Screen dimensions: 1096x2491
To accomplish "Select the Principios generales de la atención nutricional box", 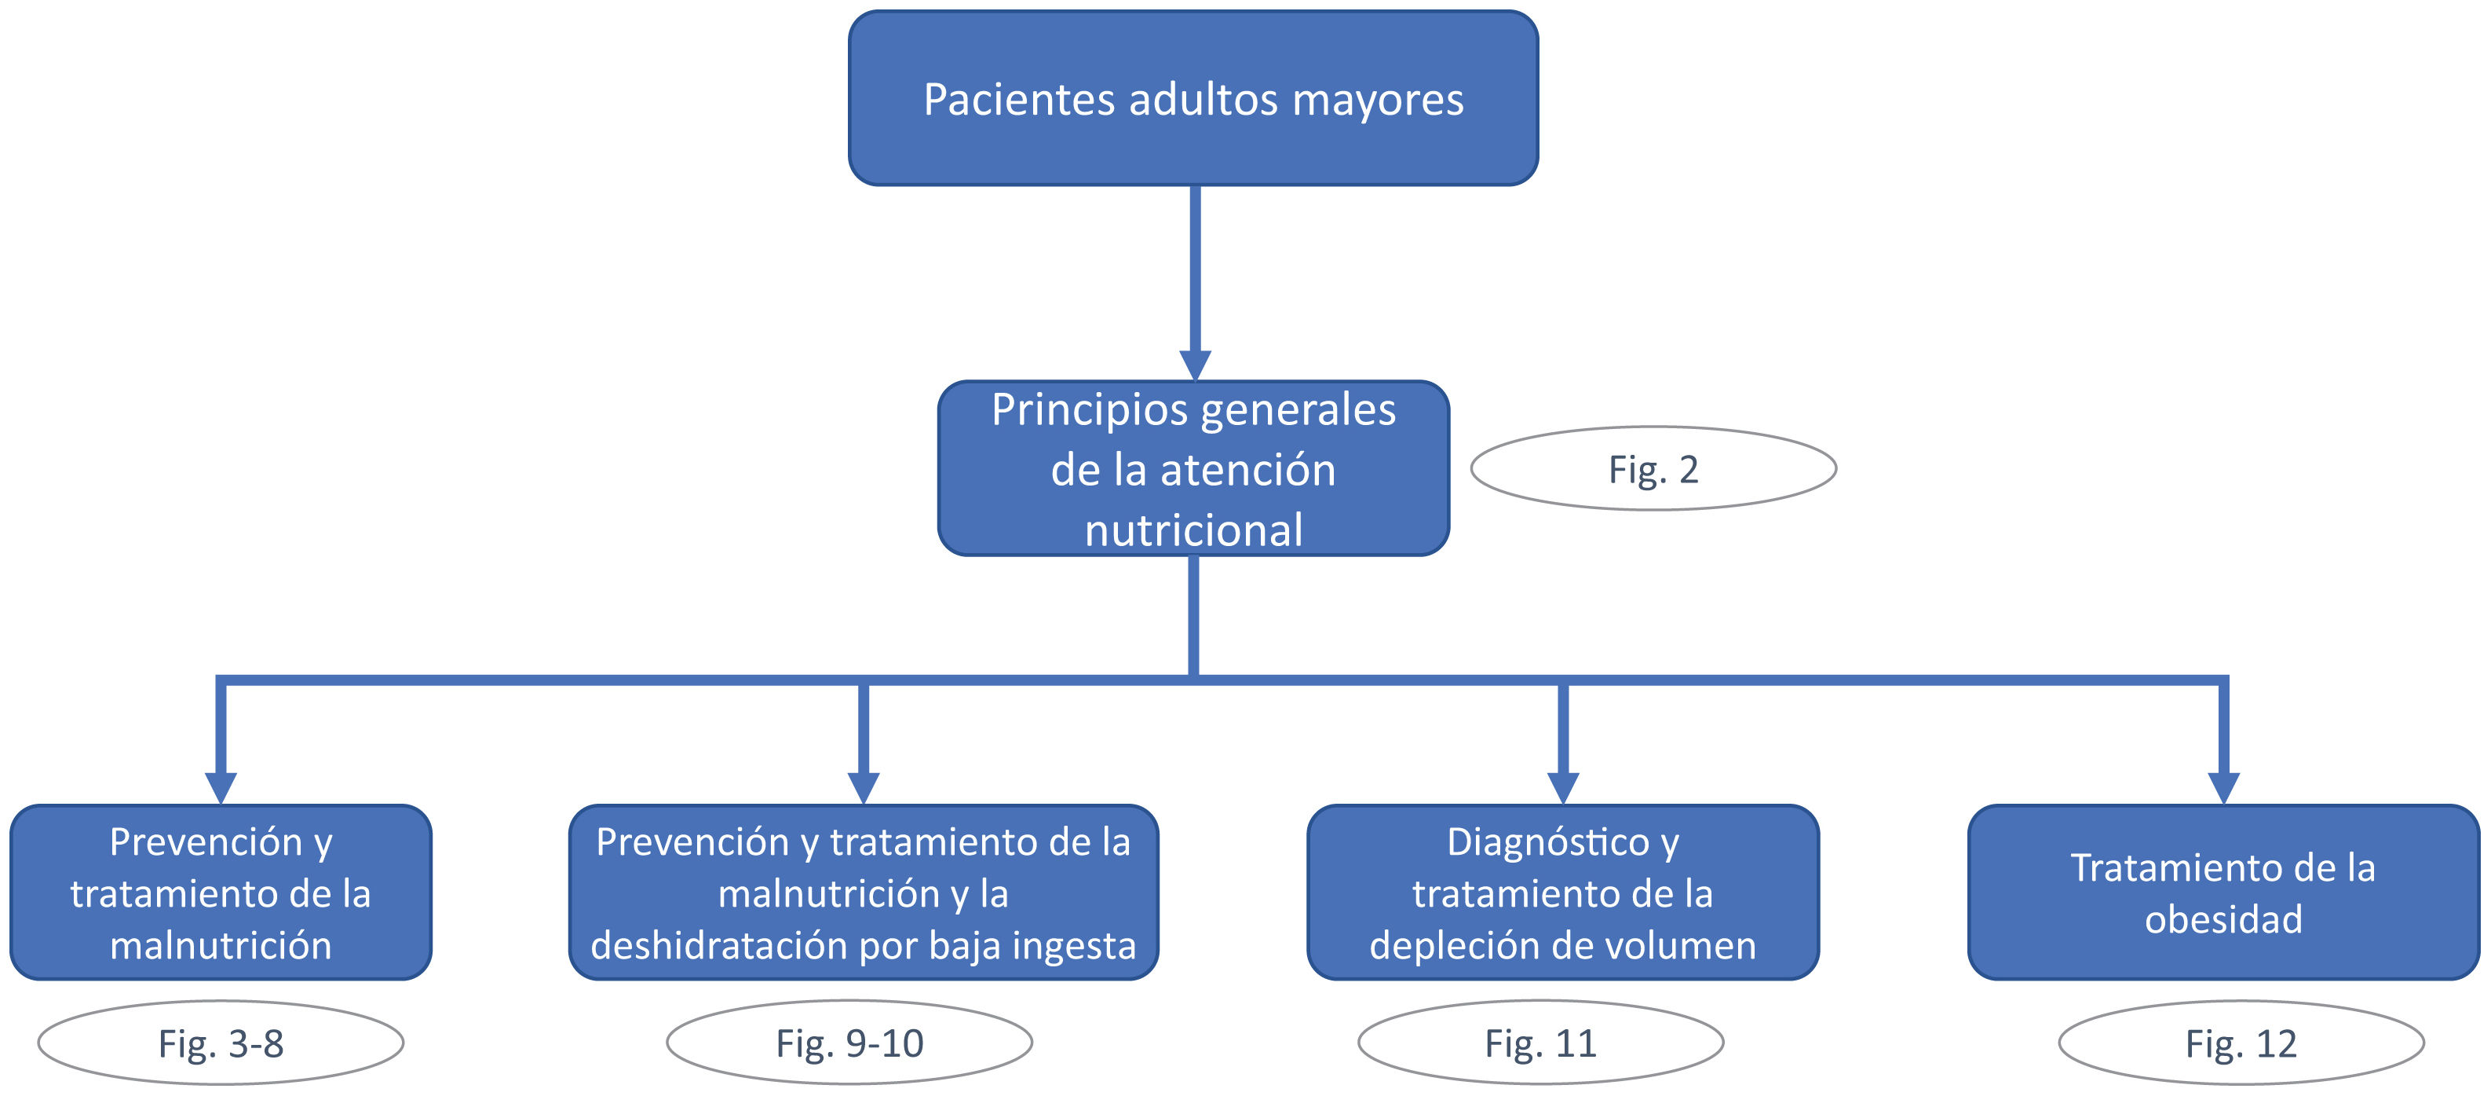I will pyautogui.click(x=1193, y=468).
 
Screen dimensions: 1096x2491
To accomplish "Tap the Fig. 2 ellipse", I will pyautogui.click(x=1653, y=469).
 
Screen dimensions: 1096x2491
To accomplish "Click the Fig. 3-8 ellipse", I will pyautogui.click(x=221, y=1043).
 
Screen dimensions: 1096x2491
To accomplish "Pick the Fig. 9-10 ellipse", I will pyautogui.click(x=849, y=1043).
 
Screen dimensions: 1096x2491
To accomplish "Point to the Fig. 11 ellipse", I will pyautogui.click(x=1540, y=1043).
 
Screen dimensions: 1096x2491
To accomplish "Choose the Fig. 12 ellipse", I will pyautogui.click(x=2241, y=1043).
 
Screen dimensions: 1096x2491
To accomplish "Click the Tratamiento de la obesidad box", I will pyautogui.click(x=2223, y=892).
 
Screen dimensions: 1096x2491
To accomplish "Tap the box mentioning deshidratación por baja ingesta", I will pyautogui.click(x=863, y=892).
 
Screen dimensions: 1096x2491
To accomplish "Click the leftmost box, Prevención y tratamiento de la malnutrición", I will pyautogui.click(x=221, y=892).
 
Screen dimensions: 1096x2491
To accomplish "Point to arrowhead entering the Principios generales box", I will pyautogui.click(x=1194, y=365).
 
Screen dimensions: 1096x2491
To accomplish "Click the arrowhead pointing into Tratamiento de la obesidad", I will pyautogui.click(x=2223, y=787).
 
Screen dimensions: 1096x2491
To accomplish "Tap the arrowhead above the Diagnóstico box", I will pyautogui.click(x=1563, y=787).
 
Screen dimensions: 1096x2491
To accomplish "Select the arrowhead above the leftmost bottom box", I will pyautogui.click(x=221, y=787).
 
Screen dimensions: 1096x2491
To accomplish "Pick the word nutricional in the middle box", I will pyautogui.click(x=1193, y=530).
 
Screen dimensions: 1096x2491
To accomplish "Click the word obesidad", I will pyautogui.click(x=2223, y=919).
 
